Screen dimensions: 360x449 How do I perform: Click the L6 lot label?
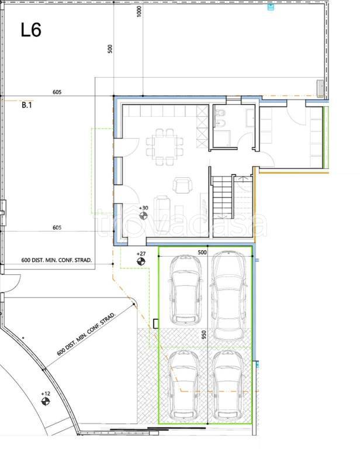[31, 30]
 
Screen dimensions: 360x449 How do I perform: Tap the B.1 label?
[27, 105]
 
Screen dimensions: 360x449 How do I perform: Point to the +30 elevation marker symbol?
[143, 216]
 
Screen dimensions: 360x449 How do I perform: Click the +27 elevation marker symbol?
[141, 261]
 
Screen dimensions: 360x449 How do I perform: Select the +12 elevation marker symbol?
[46, 401]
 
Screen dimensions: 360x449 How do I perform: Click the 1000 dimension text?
[139, 12]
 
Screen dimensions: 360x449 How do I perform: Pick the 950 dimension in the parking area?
[203, 335]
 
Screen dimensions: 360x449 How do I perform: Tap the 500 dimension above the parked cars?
[202, 253]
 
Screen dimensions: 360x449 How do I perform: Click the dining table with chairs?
[165, 147]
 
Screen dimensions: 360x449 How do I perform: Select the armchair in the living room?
[182, 185]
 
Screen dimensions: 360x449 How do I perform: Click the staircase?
[222, 197]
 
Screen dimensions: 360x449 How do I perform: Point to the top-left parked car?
[186, 289]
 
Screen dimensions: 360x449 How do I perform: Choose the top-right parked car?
[229, 295]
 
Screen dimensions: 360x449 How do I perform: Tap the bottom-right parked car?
[229, 385]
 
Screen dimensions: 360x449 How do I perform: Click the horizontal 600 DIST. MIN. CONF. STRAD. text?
[57, 260]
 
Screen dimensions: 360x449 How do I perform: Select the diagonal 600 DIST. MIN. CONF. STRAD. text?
[86, 334]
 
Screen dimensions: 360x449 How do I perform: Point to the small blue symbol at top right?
[271, 7]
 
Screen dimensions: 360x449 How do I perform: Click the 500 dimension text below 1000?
[110, 49]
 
